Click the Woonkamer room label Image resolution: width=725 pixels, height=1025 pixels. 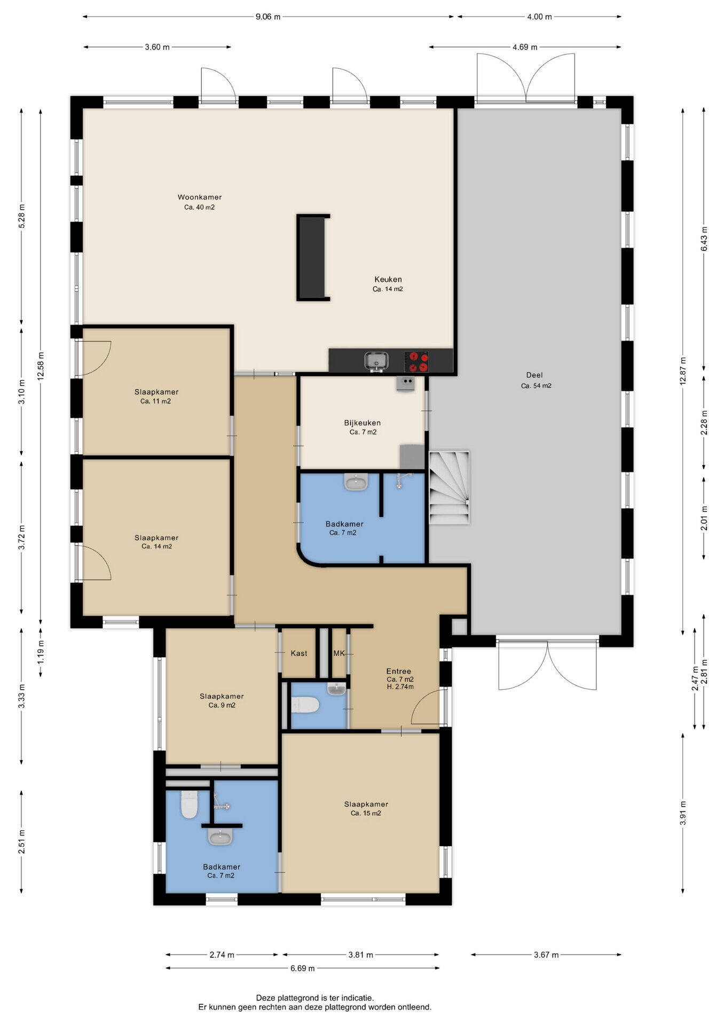point(200,197)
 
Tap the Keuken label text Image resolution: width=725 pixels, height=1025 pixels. point(388,279)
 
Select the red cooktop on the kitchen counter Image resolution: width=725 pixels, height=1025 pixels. point(416,361)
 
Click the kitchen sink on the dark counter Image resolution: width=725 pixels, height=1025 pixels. point(376,361)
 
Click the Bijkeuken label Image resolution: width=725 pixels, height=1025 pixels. point(362,423)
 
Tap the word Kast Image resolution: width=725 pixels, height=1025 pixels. point(299,653)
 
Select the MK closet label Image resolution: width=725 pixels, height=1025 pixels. point(339,653)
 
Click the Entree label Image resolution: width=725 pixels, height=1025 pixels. point(399,671)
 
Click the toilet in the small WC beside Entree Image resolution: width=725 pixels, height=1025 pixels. point(305,705)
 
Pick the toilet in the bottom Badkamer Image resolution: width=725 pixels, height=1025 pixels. point(190,804)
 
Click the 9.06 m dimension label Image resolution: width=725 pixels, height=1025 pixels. point(268,17)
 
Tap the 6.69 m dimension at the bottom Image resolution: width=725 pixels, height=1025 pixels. point(302,968)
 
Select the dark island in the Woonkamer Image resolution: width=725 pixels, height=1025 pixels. point(313,258)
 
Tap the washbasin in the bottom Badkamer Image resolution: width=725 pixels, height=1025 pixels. point(220,837)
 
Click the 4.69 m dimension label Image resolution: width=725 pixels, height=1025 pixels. point(525,47)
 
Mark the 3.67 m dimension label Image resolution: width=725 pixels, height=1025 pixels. point(546,955)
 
